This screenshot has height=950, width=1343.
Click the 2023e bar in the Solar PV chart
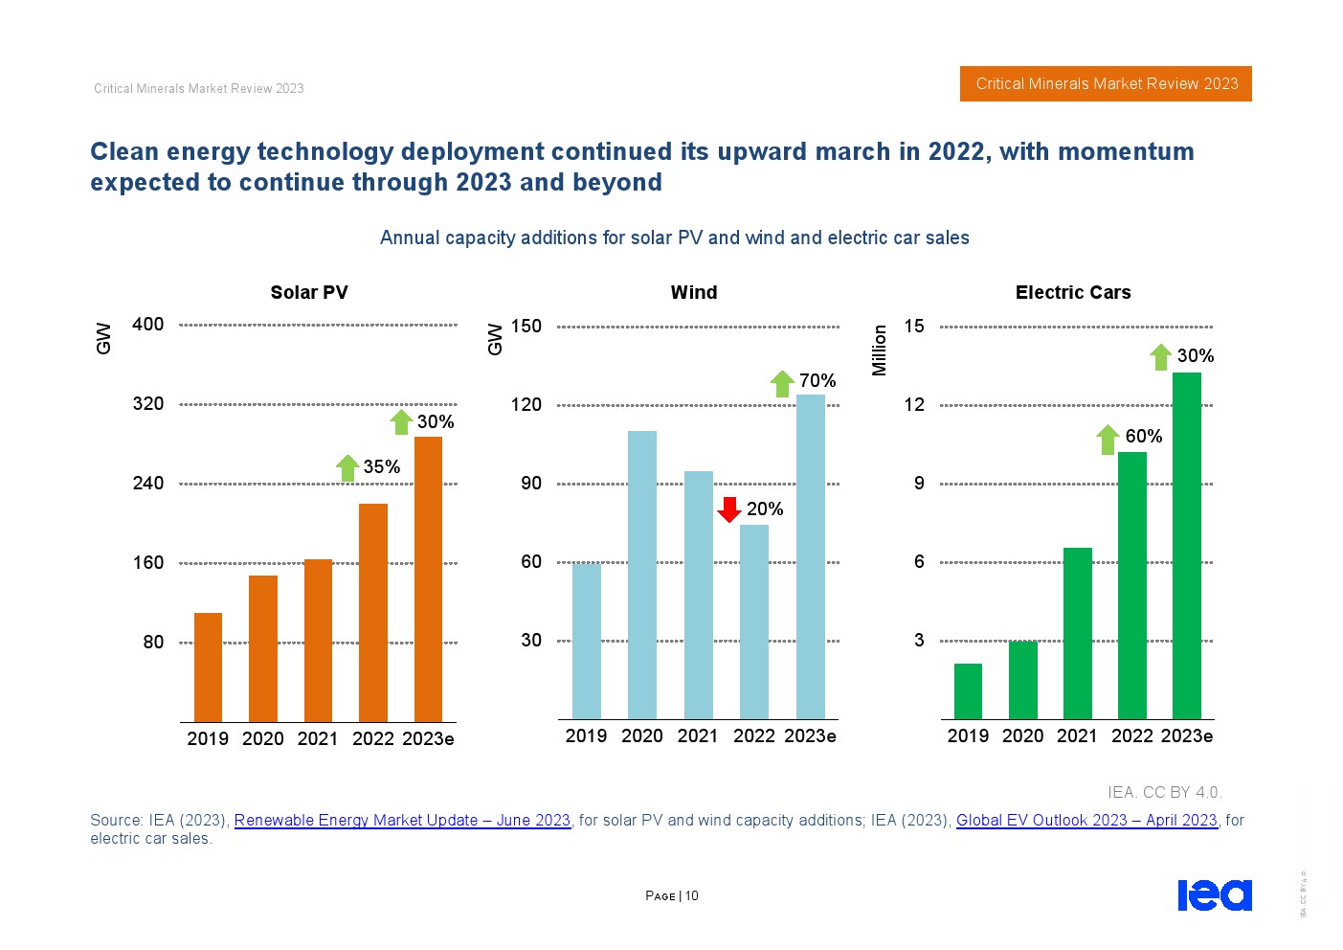[428, 578]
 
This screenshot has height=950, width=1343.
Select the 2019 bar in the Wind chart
[586, 641]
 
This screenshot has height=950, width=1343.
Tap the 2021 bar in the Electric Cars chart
[1077, 633]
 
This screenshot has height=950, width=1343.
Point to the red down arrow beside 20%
[729, 509]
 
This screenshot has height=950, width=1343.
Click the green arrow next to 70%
[782, 383]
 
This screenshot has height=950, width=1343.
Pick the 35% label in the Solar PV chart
[381, 467]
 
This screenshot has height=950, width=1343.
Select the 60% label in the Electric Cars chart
[1143, 437]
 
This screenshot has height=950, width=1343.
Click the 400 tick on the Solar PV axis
[147, 325]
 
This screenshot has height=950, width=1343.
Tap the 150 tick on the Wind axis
[526, 327]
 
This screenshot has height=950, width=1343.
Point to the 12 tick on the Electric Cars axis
[914, 405]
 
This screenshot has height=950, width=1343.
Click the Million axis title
[880, 350]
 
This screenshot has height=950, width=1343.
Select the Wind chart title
[693, 293]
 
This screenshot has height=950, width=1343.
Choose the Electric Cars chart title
[1072, 293]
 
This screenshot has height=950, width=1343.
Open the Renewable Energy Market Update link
[402, 821]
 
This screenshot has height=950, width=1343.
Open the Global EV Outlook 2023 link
[1086, 821]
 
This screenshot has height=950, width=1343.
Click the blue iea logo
[1214, 894]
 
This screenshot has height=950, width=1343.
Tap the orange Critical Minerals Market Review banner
[1106, 84]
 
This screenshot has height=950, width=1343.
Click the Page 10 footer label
[672, 896]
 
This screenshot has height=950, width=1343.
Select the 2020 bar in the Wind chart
[642, 575]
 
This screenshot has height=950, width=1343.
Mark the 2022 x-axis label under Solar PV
[372, 739]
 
